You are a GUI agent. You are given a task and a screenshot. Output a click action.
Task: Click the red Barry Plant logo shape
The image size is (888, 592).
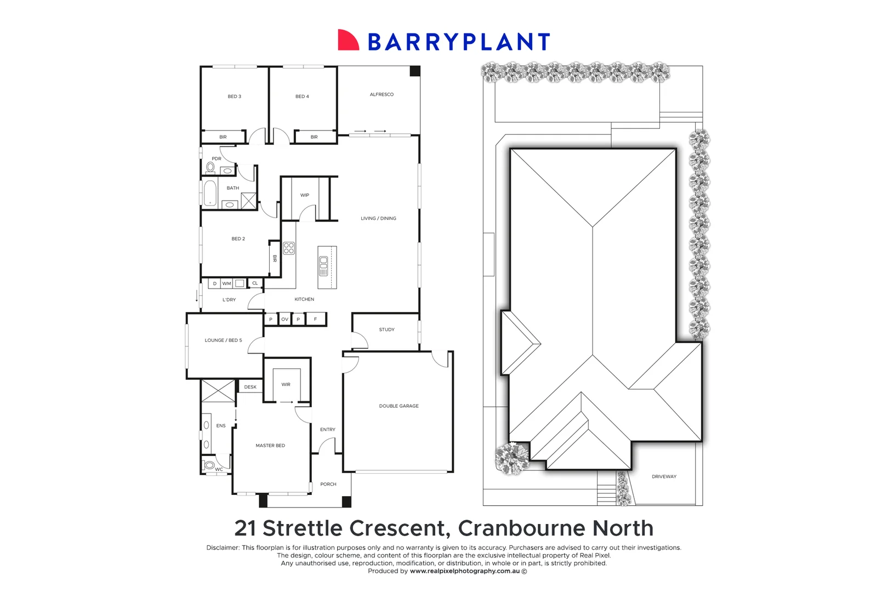[348, 41]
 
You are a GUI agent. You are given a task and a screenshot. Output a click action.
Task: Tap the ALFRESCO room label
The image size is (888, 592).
[382, 94]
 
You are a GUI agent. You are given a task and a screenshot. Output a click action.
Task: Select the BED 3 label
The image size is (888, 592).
[234, 96]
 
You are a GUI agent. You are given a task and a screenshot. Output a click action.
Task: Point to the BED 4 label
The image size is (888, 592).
[302, 96]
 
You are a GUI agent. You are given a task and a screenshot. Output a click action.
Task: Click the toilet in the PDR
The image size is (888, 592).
[210, 167]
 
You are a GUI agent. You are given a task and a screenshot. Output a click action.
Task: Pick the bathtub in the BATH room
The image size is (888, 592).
[210, 193]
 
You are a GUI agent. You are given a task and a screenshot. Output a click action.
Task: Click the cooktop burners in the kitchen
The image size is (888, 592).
[289, 248]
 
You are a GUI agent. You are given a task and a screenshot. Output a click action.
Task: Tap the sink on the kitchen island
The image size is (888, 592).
[323, 265]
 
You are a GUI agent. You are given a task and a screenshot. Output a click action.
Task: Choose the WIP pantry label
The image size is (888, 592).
[305, 195]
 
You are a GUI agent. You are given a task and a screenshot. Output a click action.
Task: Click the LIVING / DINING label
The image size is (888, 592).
[378, 218]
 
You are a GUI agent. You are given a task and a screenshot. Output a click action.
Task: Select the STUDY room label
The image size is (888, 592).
[386, 329]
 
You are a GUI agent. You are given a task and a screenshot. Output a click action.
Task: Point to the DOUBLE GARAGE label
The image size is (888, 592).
[399, 406]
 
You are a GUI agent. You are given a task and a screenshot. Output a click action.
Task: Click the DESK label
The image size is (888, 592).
[251, 387]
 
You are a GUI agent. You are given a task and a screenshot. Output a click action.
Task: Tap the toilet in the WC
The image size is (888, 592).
[209, 465]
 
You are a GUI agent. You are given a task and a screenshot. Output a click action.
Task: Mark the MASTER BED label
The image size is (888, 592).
[270, 446]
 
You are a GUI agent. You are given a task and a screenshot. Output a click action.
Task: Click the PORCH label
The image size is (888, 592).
[328, 484]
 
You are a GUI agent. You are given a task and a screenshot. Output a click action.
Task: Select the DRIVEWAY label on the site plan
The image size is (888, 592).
[664, 476]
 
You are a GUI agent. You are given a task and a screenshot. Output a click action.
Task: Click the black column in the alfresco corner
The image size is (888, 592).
[415, 71]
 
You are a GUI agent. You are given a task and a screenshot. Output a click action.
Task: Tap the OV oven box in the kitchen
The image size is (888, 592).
[284, 319]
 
